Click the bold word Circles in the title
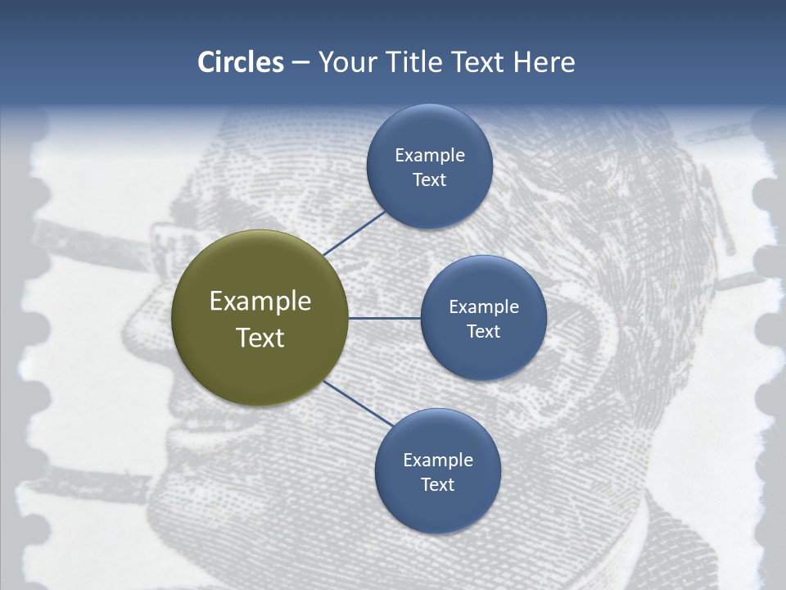[241, 62]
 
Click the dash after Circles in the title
[300, 63]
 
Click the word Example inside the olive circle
[260, 302]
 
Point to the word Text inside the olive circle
[260, 338]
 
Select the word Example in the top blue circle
[429, 156]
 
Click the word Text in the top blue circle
[429, 179]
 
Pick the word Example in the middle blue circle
[483, 307]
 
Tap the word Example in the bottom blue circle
[437, 461]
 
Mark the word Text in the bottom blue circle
[437, 484]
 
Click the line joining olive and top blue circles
[355, 234]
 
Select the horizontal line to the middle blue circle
[385, 318]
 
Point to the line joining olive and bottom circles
[359, 403]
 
